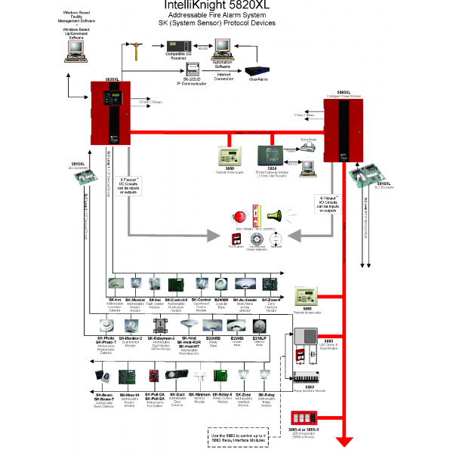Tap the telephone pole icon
(137, 54)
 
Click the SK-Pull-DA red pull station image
(153, 376)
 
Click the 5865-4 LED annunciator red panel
(306, 418)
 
